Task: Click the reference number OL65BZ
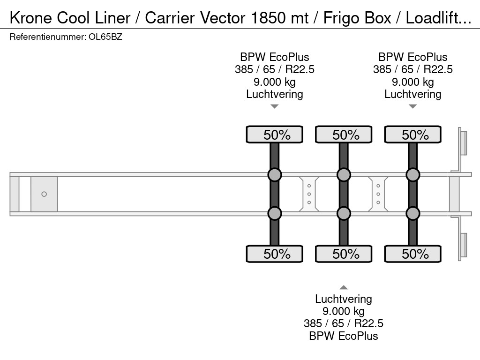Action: pyautogui.click(x=105, y=37)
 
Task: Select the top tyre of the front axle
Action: pyautogui.click(x=275, y=135)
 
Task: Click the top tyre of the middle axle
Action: pyautogui.click(x=344, y=135)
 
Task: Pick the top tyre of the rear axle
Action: pyautogui.click(x=412, y=135)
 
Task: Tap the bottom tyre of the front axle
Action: pyautogui.click(x=275, y=254)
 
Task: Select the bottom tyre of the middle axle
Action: pyautogui.click(x=344, y=254)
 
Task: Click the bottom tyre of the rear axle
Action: pyautogui.click(x=412, y=254)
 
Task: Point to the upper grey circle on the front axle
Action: pyautogui.click(x=275, y=175)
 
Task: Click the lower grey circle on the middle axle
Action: pyautogui.click(x=344, y=214)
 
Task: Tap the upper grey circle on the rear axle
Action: pyautogui.click(x=412, y=175)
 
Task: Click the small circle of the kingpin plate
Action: pyautogui.click(x=44, y=194)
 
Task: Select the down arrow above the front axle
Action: pyautogui.click(x=275, y=106)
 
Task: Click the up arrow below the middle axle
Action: pyautogui.click(x=344, y=287)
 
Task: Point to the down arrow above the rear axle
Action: pyautogui.click(x=412, y=106)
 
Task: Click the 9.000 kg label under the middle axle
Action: pyautogui.click(x=344, y=311)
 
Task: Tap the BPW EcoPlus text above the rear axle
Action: pyautogui.click(x=413, y=57)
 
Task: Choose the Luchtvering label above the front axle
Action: pyautogui.click(x=275, y=94)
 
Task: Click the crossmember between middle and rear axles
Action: pyautogui.click(x=378, y=194)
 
